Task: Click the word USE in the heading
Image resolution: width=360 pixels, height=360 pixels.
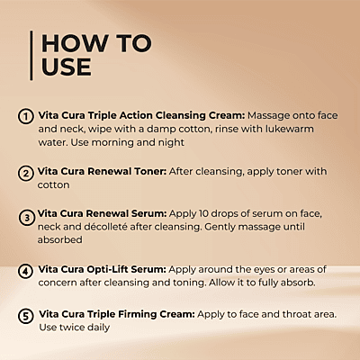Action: point(67,67)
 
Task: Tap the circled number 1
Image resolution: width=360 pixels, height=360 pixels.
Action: point(26,116)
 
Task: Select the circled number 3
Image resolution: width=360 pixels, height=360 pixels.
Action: point(26,216)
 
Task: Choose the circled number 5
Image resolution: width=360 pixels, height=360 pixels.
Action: point(26,316)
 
